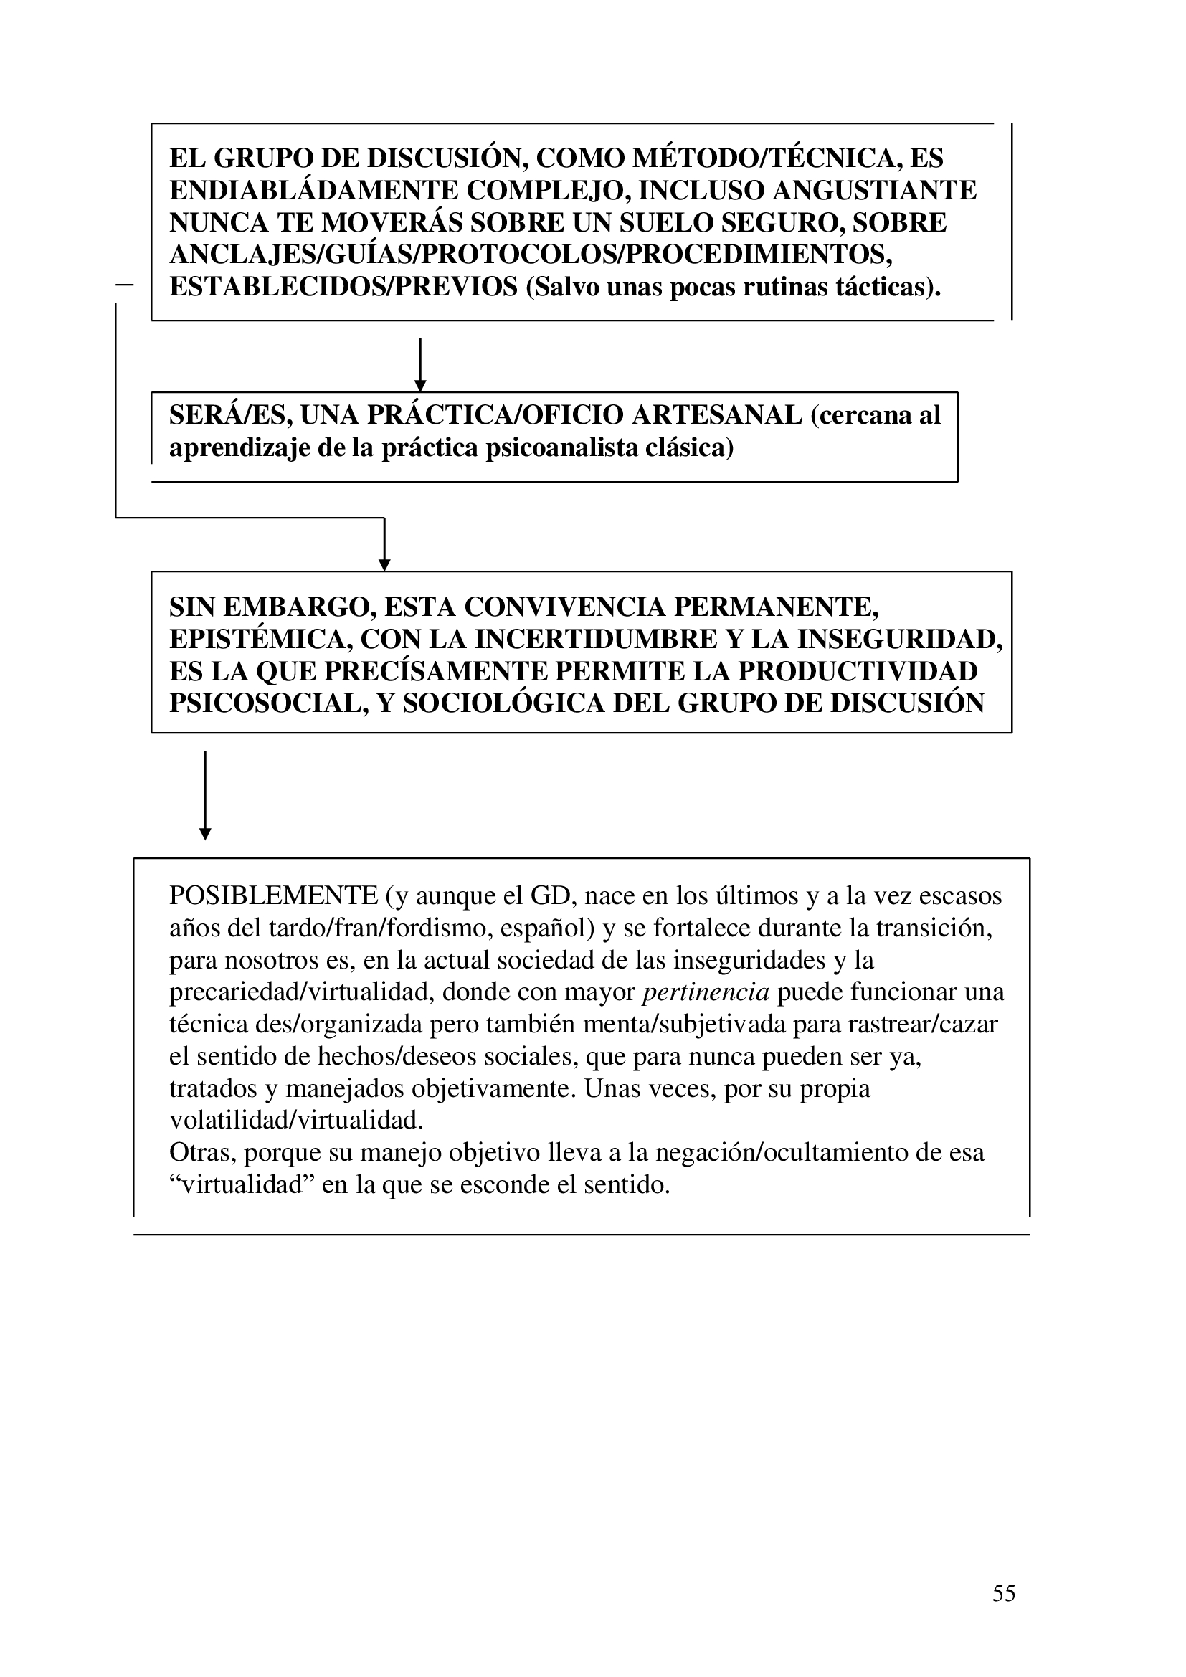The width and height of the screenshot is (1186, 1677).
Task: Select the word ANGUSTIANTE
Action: coord(874,191)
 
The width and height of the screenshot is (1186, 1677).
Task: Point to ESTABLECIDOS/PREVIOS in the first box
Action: coord(343,287)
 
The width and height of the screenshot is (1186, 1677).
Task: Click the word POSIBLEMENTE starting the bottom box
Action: coord(273,895)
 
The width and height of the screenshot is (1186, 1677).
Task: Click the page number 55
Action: coord(1003,1593)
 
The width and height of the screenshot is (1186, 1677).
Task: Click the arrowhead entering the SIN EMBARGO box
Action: coord(384,564)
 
